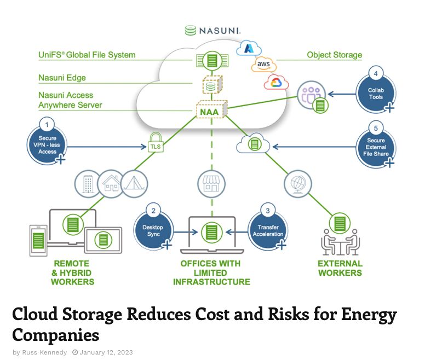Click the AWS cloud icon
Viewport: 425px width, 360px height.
click(x=263, y=65)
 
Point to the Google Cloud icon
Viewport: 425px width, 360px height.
click(x=275, y=83)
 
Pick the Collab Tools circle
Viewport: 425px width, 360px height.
click(x=376, y=90)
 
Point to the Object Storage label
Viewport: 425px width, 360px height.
click(x=334, y=55)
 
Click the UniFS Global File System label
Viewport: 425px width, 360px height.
click(x=87, y=55)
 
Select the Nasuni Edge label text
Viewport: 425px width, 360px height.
click(x=62, y=78)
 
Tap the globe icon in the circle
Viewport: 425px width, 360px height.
click(x=298, y=184)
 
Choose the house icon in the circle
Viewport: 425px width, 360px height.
click(x=111, y=184)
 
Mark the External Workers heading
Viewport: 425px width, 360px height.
click(x=340, y=268)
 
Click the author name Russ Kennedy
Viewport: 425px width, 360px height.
click(x=44, y=352)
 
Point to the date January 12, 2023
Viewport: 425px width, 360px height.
click(x=106, y=352)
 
